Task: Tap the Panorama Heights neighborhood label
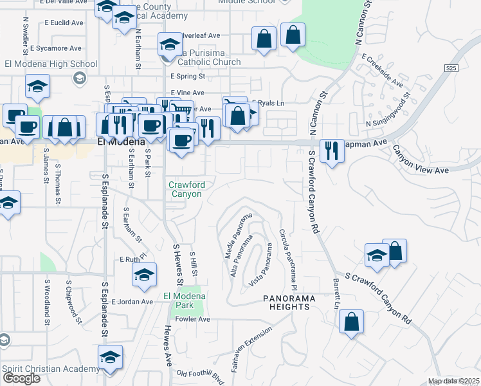[286, 302]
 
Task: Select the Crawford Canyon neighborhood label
[186, 189]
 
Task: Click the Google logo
[21, 378]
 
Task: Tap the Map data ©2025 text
[453, 381]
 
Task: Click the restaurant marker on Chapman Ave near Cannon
[331, 152]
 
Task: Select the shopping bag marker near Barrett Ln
[352, 323]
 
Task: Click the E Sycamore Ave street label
[55, 48]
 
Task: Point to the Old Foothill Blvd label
[199, 374]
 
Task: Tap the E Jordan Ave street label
[132, 302]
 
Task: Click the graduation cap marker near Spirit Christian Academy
[110, 358]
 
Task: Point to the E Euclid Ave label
[64, 23]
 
